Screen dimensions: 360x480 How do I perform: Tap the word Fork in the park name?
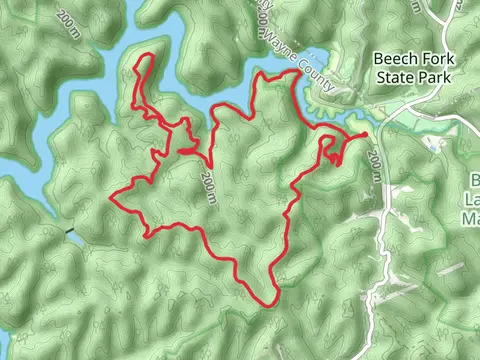click(x=432, y=59)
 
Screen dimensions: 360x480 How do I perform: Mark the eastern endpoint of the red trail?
click(x=365, y=133)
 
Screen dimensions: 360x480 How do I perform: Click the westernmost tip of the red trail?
click(x=109, y=197)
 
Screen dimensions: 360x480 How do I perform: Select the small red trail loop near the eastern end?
click(x=331, y=150)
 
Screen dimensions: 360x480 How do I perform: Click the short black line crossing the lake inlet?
click(x=69, y=233)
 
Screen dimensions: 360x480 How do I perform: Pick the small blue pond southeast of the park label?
click(x=432, y=143)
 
